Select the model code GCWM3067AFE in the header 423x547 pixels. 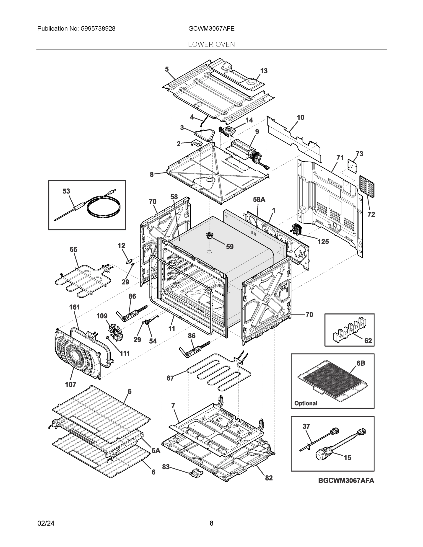(211, 29)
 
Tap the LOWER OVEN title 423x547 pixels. (211, 45)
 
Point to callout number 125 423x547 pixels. (323, 242)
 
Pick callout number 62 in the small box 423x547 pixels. (368, 341)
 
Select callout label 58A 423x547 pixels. (259, 200)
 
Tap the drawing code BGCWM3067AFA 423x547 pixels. (346, 481)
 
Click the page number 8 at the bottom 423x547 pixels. (211, 523)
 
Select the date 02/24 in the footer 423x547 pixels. (46, 523)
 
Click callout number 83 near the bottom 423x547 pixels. (166, 467)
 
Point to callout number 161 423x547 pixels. (74, 307)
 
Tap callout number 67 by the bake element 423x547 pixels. (170, 378)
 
